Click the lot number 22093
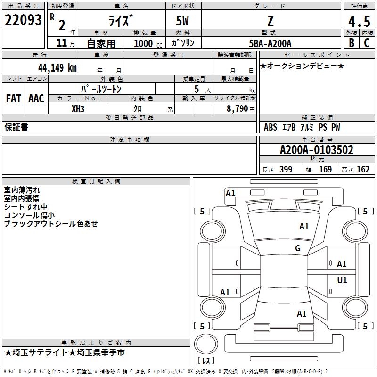[x=24, y=20]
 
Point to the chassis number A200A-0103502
[x=316, y=150]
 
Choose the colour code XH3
[x=78, y=108]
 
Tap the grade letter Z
[x=270, y=21]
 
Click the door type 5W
[x=183, y=21]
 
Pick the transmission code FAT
[x=14, y=98]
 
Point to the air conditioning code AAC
[x=36, y=98]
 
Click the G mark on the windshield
[x=298, y=248]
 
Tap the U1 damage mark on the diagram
[x=342, y=280]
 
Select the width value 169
[x=325, y=170]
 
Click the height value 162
[x=363, y=170]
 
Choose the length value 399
[x=286, y=170]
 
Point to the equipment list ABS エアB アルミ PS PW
[x=302, y=127]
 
